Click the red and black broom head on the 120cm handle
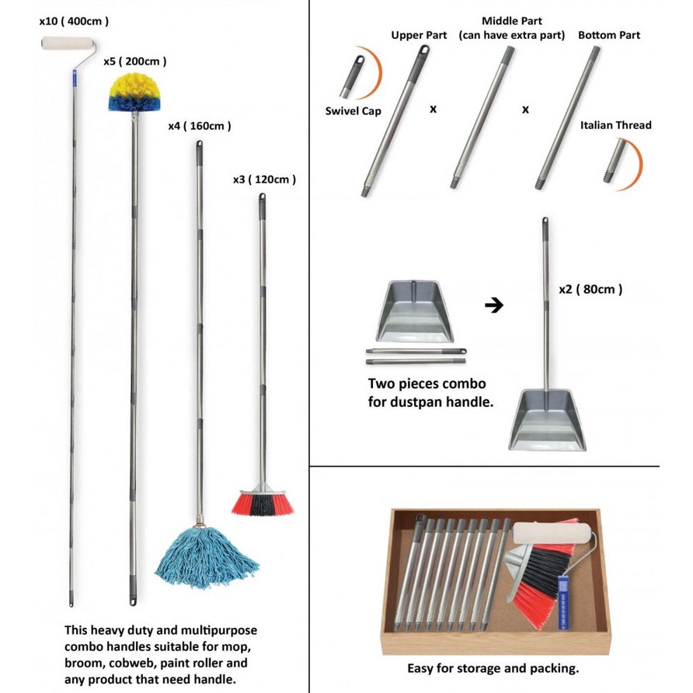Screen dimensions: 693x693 pos(262,502)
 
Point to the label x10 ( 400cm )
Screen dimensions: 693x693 pos(74,22)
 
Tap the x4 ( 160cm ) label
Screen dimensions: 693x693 pos(199,125)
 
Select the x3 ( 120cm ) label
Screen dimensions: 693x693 pos(264,179)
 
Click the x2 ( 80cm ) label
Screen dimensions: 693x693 pos(590,289)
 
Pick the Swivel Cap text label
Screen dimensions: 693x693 pos(353,111)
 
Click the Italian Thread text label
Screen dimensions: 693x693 pos(616,125)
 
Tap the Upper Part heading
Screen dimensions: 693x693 pos(418,36)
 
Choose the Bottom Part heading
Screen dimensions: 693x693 pos(609,36)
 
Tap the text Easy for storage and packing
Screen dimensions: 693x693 pos(493,668)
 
